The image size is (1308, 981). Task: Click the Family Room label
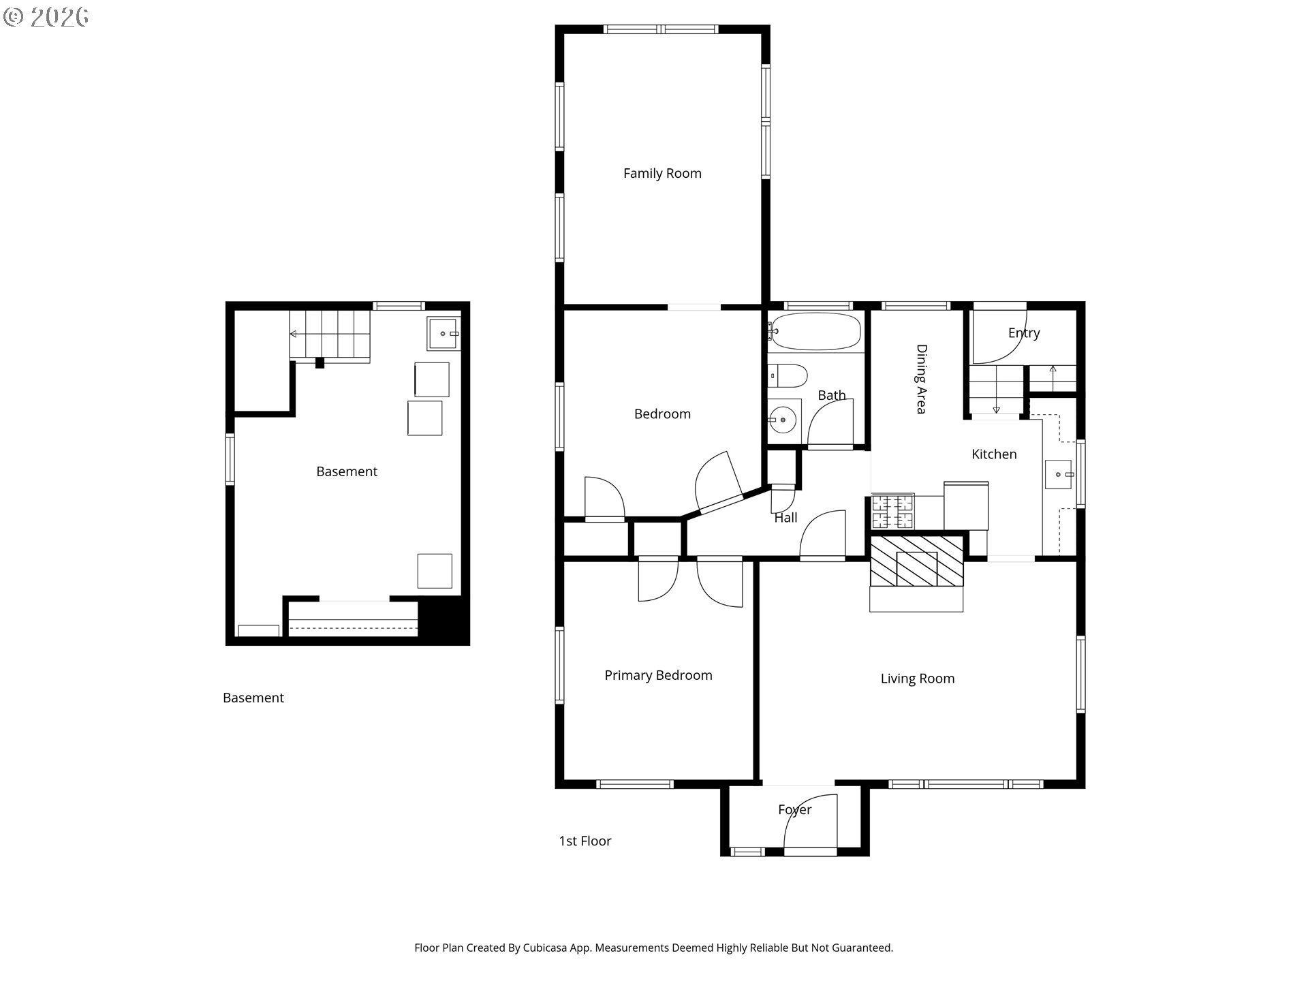pyautogui.click(x=662, y=174)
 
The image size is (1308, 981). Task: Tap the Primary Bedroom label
pyautogui.click(x=658, y=675)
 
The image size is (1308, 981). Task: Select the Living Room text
pyautogui.click(x=917, y=679)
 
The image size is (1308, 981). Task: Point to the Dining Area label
pyautogui.click(x=921, y=379)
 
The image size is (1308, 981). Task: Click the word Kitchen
pyautogui.click(x=994, y=454)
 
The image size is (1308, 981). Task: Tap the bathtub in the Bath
pyautogui.click(x=816, y=332)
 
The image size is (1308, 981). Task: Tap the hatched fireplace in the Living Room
pyautogui.click(x=917, y=561)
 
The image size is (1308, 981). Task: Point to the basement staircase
pyautogui.click(x=330, y=335)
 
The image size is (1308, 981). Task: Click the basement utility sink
pyautogui.click(x=444, y=333)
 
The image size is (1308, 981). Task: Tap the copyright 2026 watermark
pyautogui.click(x=46, y=17)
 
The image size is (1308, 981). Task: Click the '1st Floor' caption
pyautogui.click(x=585, y=841)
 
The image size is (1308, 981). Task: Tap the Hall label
pyautogui.click(x=785, y=518)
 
